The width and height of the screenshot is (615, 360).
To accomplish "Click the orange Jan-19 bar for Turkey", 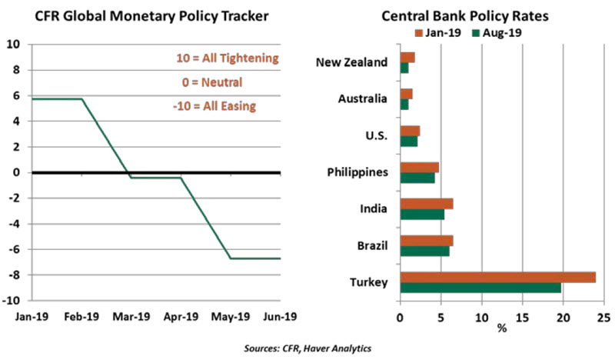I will pos(497,277).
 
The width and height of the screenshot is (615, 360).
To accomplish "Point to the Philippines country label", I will pos(359,172).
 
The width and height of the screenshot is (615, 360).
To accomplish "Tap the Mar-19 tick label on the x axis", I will pos(130,315).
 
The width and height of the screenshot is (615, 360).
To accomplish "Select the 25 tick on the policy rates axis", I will pos(603,315).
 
